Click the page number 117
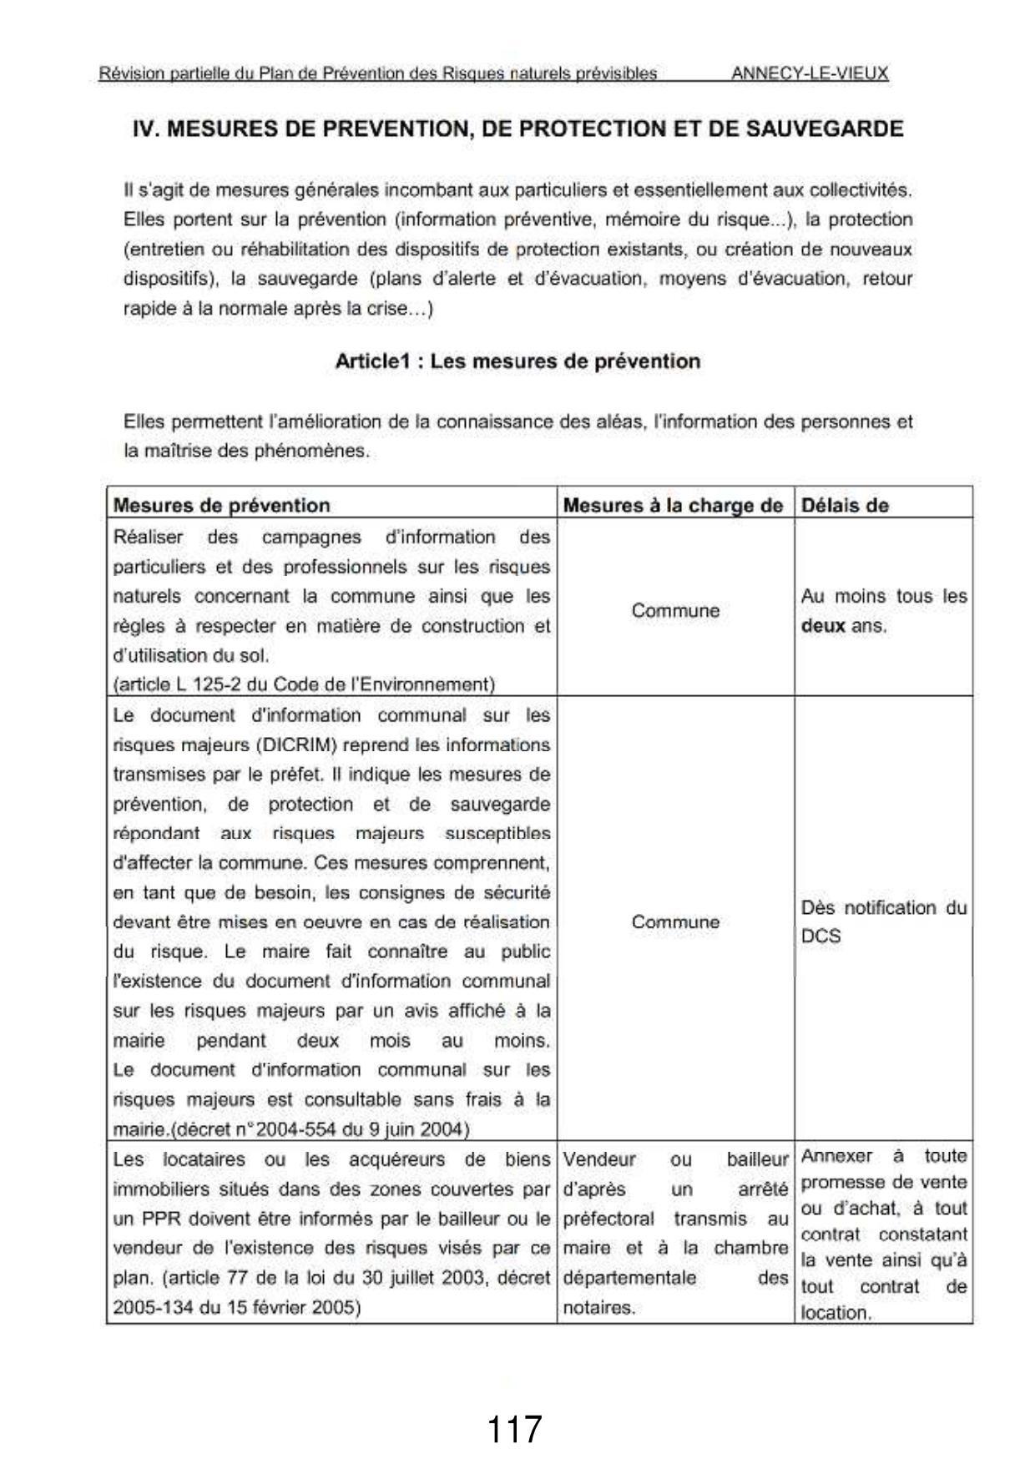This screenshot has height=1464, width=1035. click(513, 1429)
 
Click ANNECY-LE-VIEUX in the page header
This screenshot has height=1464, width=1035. click(810, 73)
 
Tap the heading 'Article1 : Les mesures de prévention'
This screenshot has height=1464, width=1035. click(517, 361)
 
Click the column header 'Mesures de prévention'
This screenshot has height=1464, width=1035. click(221, 505)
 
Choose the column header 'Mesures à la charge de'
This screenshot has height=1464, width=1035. click(673, 505)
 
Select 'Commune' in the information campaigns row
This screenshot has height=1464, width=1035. click(675, 610)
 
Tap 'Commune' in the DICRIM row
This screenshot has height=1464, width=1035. click(675, 921)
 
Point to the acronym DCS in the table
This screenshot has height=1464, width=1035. click(820, 936)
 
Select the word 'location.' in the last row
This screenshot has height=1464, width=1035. click(836, 1312)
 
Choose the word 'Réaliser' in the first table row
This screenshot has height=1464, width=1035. click(148, 537)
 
